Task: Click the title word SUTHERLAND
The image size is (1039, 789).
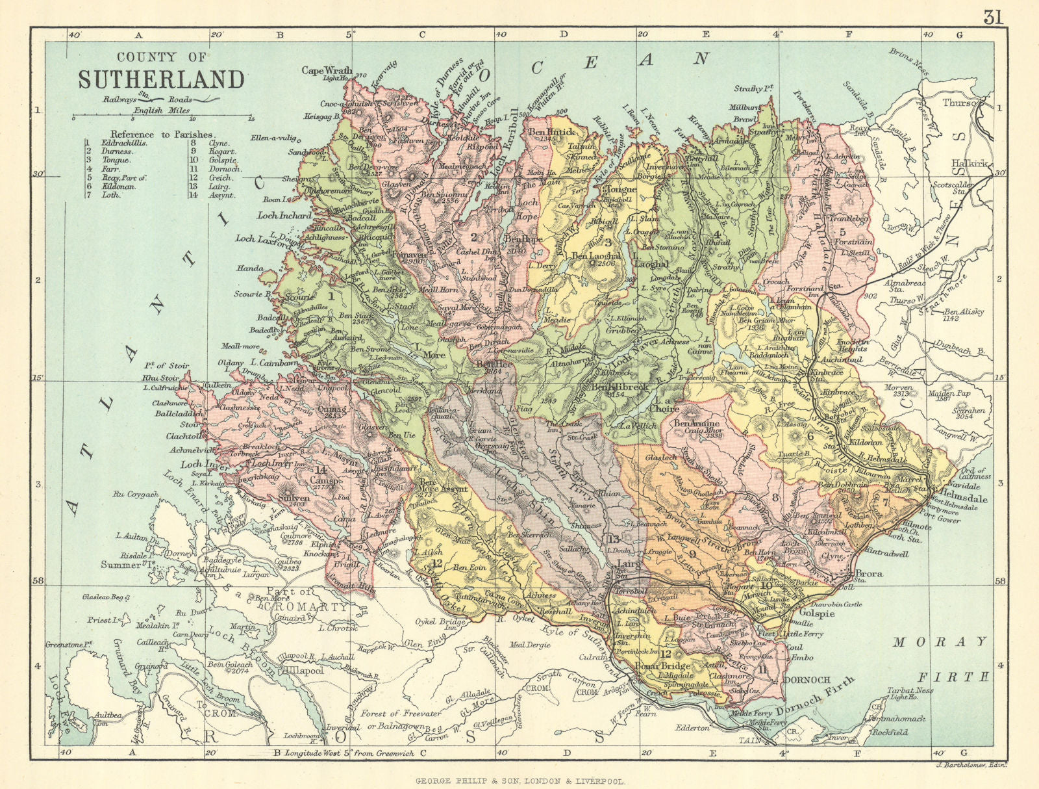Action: [162, 80]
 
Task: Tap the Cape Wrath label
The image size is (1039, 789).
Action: [327, 70]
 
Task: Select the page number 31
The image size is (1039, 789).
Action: [993, 18]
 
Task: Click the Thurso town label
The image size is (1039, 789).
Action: [960, 103]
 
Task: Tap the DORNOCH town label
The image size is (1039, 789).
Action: [808, 680]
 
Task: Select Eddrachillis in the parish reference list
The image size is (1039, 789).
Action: [125, 142]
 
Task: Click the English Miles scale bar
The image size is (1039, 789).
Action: [162, 118]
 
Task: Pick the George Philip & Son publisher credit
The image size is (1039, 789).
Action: [519, 783]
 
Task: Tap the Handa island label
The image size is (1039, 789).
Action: [251, 268]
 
